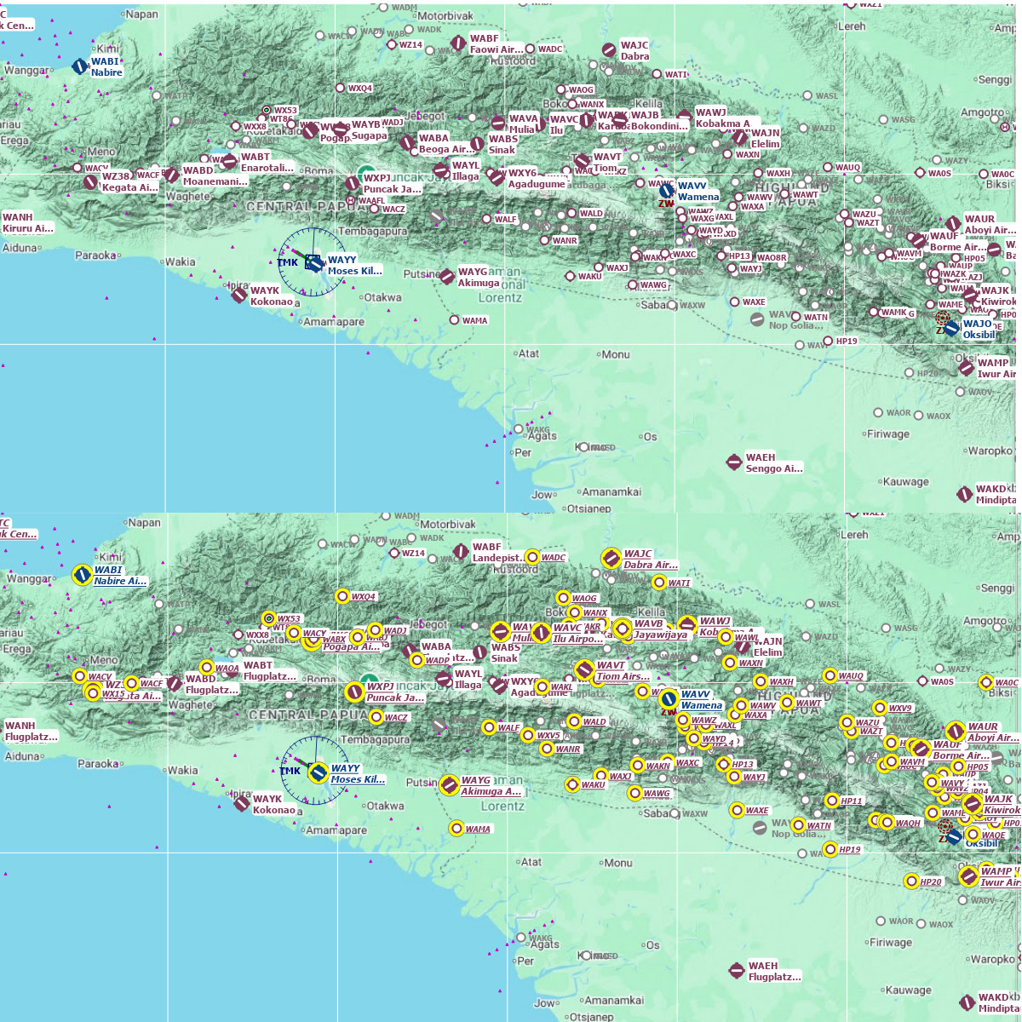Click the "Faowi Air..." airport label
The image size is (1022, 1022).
tap(497, 49)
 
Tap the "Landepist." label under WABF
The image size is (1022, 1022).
tap(497, 558)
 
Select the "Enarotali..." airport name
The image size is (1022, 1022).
tap(267, 168)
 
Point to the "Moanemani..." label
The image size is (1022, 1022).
tap(215, 181)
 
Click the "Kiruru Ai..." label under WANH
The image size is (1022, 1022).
tap(27, 228)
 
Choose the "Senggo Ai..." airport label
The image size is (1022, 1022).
tap(773, 468)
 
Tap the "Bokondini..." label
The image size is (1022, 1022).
tap(659, 126)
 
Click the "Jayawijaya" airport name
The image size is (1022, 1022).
tap(660, 634)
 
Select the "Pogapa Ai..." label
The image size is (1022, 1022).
tap(351, 646)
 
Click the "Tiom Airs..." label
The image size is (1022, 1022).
tap(623, 676)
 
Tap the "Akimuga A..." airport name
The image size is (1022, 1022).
tap(491, 791)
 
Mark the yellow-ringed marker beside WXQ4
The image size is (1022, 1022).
tap(342, 596)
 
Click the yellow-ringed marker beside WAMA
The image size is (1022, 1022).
tap(456, 829)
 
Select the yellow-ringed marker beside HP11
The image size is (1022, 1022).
tap(832, 801)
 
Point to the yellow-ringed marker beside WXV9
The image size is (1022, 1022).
tap(880, 708)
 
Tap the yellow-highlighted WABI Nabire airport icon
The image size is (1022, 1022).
tap(82, 575)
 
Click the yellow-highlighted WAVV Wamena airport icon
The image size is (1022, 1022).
tap(669, 699)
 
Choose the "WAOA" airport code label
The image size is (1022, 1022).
tap(227, 669)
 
